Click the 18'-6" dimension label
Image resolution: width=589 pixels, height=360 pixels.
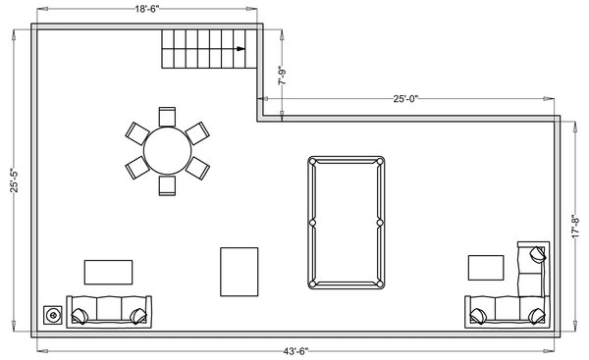pyautogui.click(x=147, y=9)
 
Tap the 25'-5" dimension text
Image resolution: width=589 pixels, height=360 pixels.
pyautogui.click(x=14, y=180)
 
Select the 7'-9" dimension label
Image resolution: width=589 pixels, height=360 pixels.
pyautogui.click(x=283, y=76)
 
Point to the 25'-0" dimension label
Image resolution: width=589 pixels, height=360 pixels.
pyautogui.click(x=405, y=99)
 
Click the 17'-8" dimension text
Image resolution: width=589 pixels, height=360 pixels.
pyautogui.click(x=575, y=226)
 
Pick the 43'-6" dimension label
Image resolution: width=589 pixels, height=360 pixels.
pyautogui.click(x=295, y=351)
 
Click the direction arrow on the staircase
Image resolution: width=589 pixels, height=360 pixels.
pyautogui.click(x=241, y=49)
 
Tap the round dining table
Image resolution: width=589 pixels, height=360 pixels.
pyautogui.click(x=167, y=150)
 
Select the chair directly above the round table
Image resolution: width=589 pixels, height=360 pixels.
pyautogui.click(x=167, y=117)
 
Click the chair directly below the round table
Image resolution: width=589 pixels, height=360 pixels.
pyautogui.click(x=167, y=185)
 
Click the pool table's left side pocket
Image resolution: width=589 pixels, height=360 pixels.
pyautogui.click(x=312, y=223)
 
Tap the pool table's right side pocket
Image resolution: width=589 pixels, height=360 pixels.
pyautogui.click(x=380, y=223)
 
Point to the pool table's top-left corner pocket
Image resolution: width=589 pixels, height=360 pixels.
pyautogui.click(x=313, y=162)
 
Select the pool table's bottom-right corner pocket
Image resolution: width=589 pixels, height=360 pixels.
pyautogui.click(x=379, y=283)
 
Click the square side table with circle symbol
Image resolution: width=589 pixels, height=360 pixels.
pyautogui.click(x=53, y=315)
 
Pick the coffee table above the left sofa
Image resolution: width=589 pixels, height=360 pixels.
pyautogui.click(x=108, y=272)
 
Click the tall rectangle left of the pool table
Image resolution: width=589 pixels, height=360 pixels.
pyautogui.click(x=240, y=272)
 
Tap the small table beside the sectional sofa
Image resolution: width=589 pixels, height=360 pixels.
pyautogui.click(x=486, y=268)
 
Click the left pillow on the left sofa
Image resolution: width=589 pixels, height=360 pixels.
pyautogui.click(x=80, y=316)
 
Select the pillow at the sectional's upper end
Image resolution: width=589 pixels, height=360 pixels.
pyautogui.click(x=538, y=254)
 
